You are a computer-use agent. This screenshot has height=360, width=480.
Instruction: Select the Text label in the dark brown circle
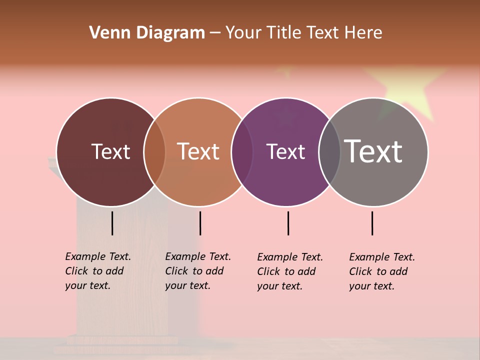pos(110,151)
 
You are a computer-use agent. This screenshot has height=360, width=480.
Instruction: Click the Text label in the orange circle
pos(198,151)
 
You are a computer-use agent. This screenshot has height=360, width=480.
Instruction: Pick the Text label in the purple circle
pos(286,151)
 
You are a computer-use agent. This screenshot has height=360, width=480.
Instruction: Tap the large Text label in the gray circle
pos(373,151)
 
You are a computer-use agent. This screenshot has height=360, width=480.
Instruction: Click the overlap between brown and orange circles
pos(154,152)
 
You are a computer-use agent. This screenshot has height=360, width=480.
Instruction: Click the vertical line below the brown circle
pos(112,223)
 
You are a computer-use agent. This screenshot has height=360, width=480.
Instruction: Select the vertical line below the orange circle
pos(200,223)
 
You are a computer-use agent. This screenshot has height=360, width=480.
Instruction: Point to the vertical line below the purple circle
pos(288,223)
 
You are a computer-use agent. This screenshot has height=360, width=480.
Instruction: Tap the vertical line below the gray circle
pos(372,223)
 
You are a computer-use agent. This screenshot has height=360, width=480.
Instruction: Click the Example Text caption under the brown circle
pos(98,271)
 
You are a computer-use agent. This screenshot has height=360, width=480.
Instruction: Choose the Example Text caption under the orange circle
pos(198,271)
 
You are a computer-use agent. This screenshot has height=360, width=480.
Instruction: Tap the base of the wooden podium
pos(122,342)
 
